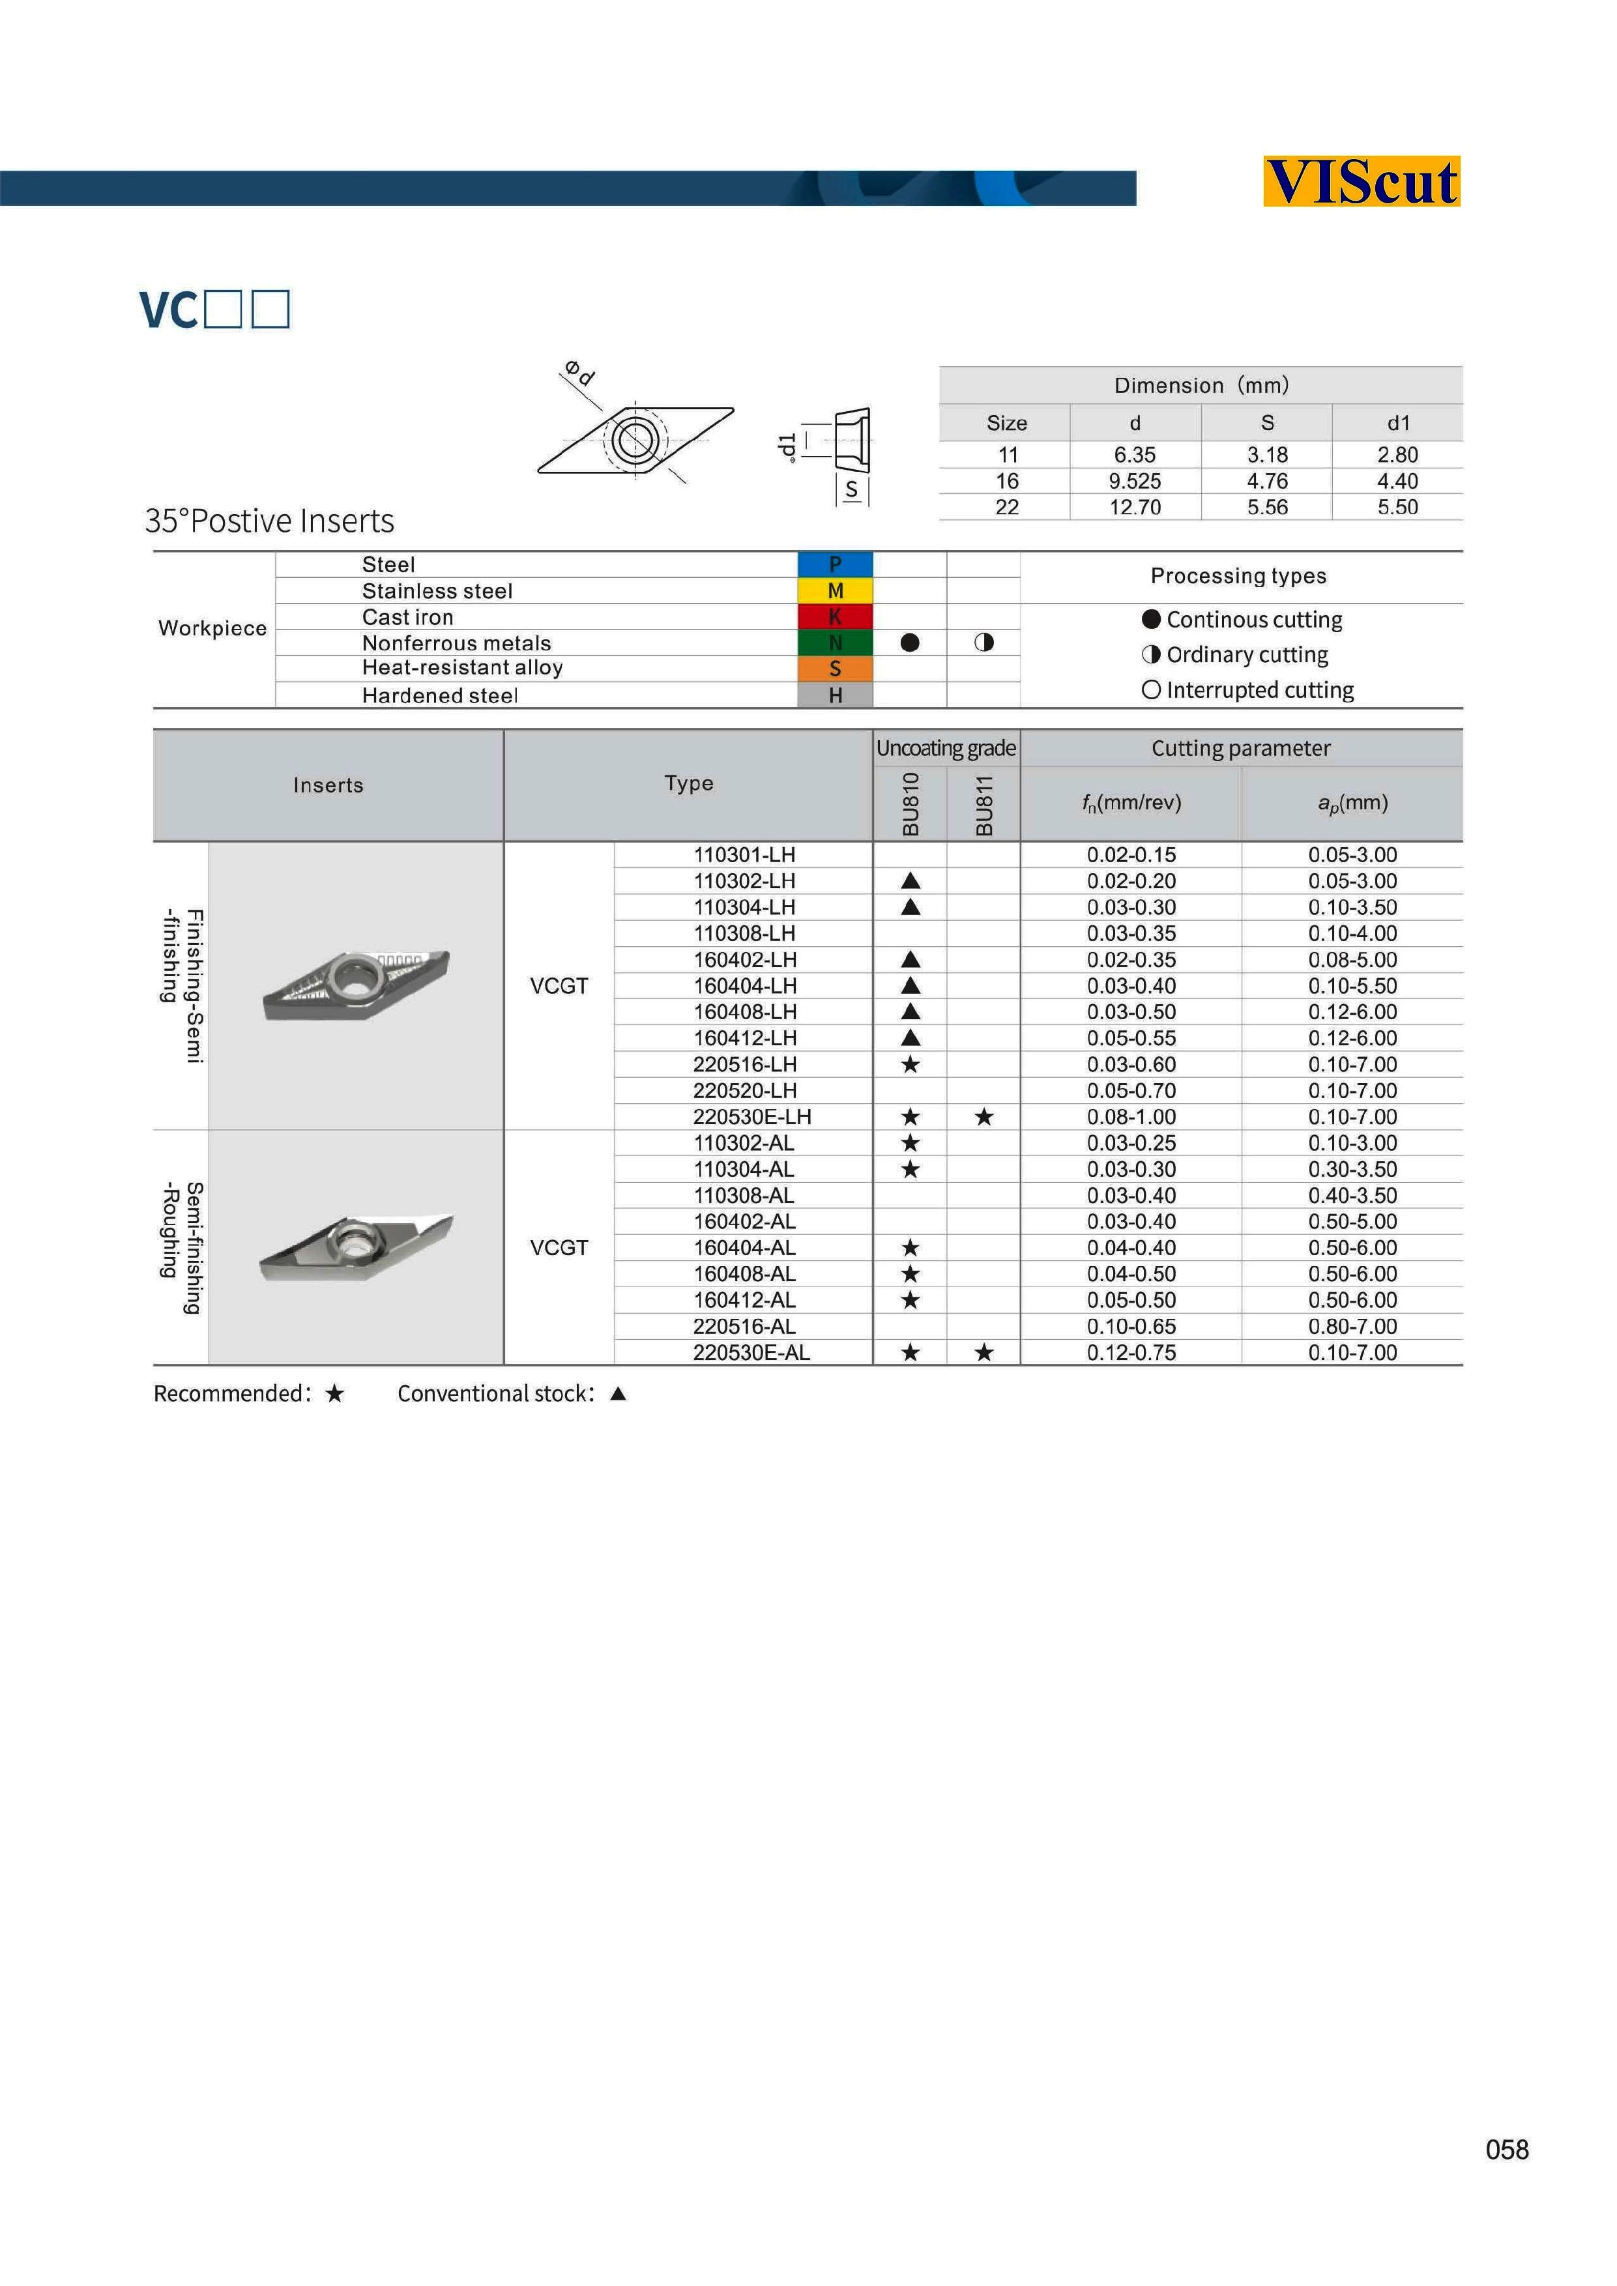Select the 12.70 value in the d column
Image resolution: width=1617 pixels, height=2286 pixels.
click(x=1135, y=508)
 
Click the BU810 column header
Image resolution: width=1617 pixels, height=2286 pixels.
click(x=910, y=803)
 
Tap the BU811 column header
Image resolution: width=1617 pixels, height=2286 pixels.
click(x=983, y=803)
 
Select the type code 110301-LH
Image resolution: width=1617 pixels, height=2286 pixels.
click(x=745, y=855)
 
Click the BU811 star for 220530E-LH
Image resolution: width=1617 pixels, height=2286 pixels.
click(x=983, y=1117)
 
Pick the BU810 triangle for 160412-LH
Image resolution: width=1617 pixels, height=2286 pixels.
click(x=910, y=1039)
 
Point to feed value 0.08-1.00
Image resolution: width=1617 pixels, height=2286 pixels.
click(x=1131, y=1117)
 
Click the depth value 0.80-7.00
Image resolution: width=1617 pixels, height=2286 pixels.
click(x=1352, y=1326)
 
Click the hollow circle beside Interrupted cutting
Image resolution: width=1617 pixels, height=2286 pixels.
click(x=1151, y=690)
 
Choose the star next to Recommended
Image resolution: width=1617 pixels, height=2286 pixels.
click(x=334, y=1394)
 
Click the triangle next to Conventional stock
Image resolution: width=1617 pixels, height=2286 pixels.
click(x=619, y=1394)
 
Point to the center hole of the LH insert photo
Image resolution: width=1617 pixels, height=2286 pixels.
click(x=355, y=977)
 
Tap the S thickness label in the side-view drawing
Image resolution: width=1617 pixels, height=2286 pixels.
click(x=851, y=490)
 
